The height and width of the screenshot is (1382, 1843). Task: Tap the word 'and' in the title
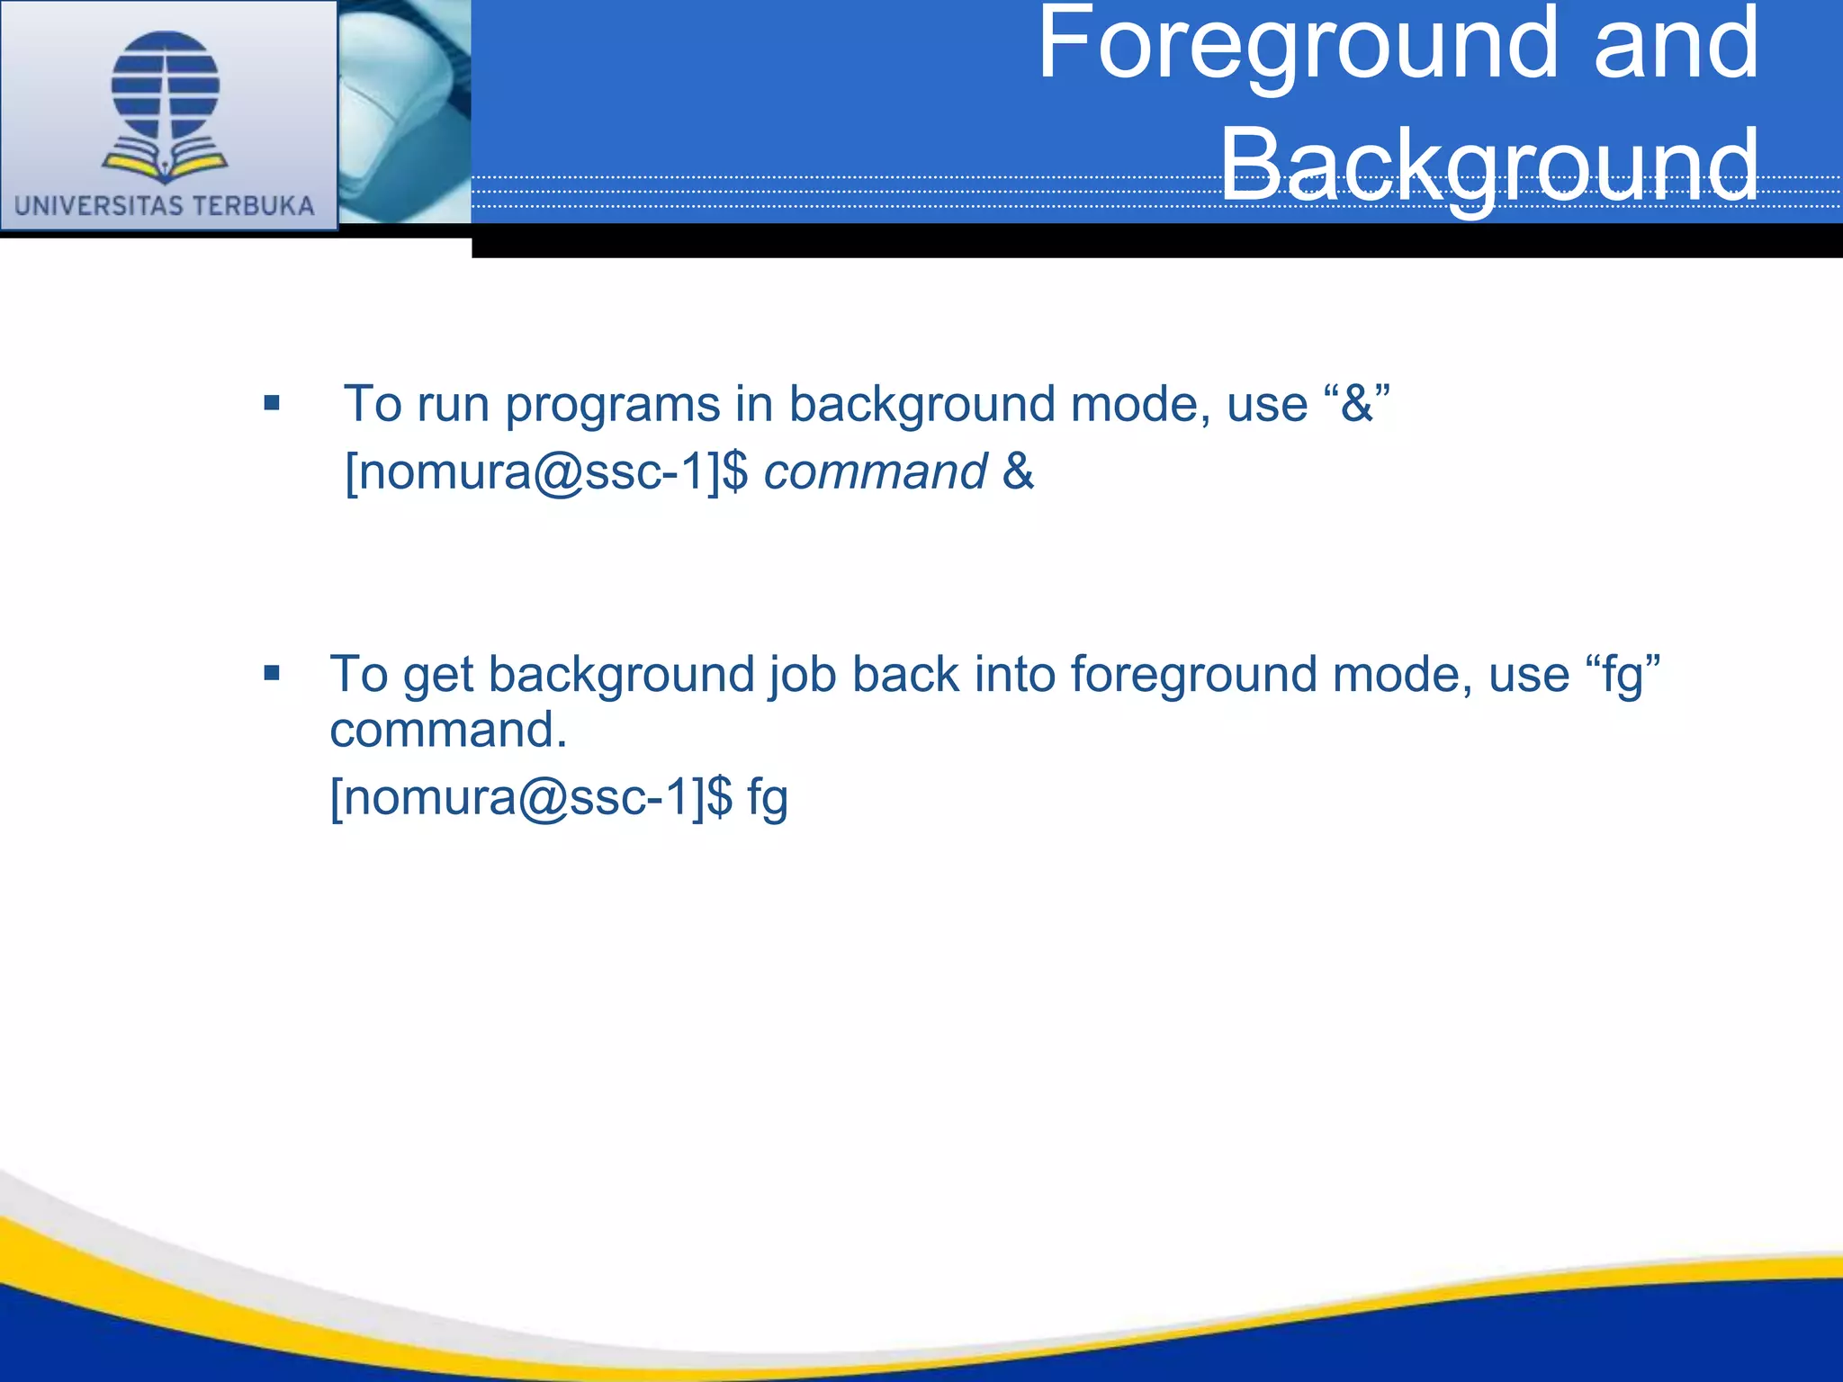tap(1676, 45)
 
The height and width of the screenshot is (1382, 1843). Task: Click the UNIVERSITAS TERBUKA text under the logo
tap(165, 206)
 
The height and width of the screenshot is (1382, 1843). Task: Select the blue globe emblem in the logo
tap(166, 85)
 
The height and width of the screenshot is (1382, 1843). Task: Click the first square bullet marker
tap(272, 403)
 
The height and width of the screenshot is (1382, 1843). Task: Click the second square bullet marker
tap(272, 673)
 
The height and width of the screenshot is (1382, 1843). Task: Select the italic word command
tap(875, 472)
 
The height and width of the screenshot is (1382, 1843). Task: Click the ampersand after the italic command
tap(1018, 471)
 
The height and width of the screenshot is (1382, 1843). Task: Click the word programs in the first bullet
tap(612, 405)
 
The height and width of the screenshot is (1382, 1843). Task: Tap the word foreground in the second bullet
tap(1193, 675)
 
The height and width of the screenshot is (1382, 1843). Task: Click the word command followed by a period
tap(448, 730)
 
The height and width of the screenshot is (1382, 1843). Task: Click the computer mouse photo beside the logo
tap(405, 112)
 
